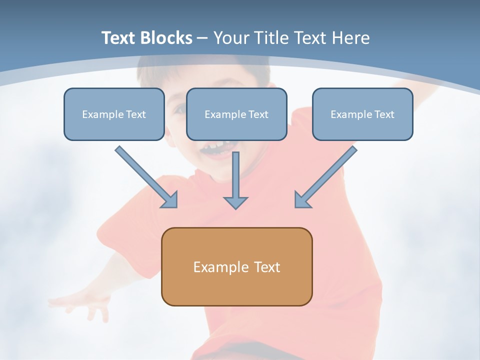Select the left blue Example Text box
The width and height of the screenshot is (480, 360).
click(114, 114)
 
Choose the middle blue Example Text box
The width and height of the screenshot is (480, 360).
click(236, 114)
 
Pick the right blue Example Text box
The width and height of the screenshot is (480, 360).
click(362, 114)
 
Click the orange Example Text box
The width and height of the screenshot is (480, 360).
click(236, 266)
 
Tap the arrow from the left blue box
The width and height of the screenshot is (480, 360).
click(145, 175)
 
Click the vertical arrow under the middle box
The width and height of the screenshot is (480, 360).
click(235, 175)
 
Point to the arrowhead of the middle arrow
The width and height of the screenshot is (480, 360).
click(235, 202)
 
